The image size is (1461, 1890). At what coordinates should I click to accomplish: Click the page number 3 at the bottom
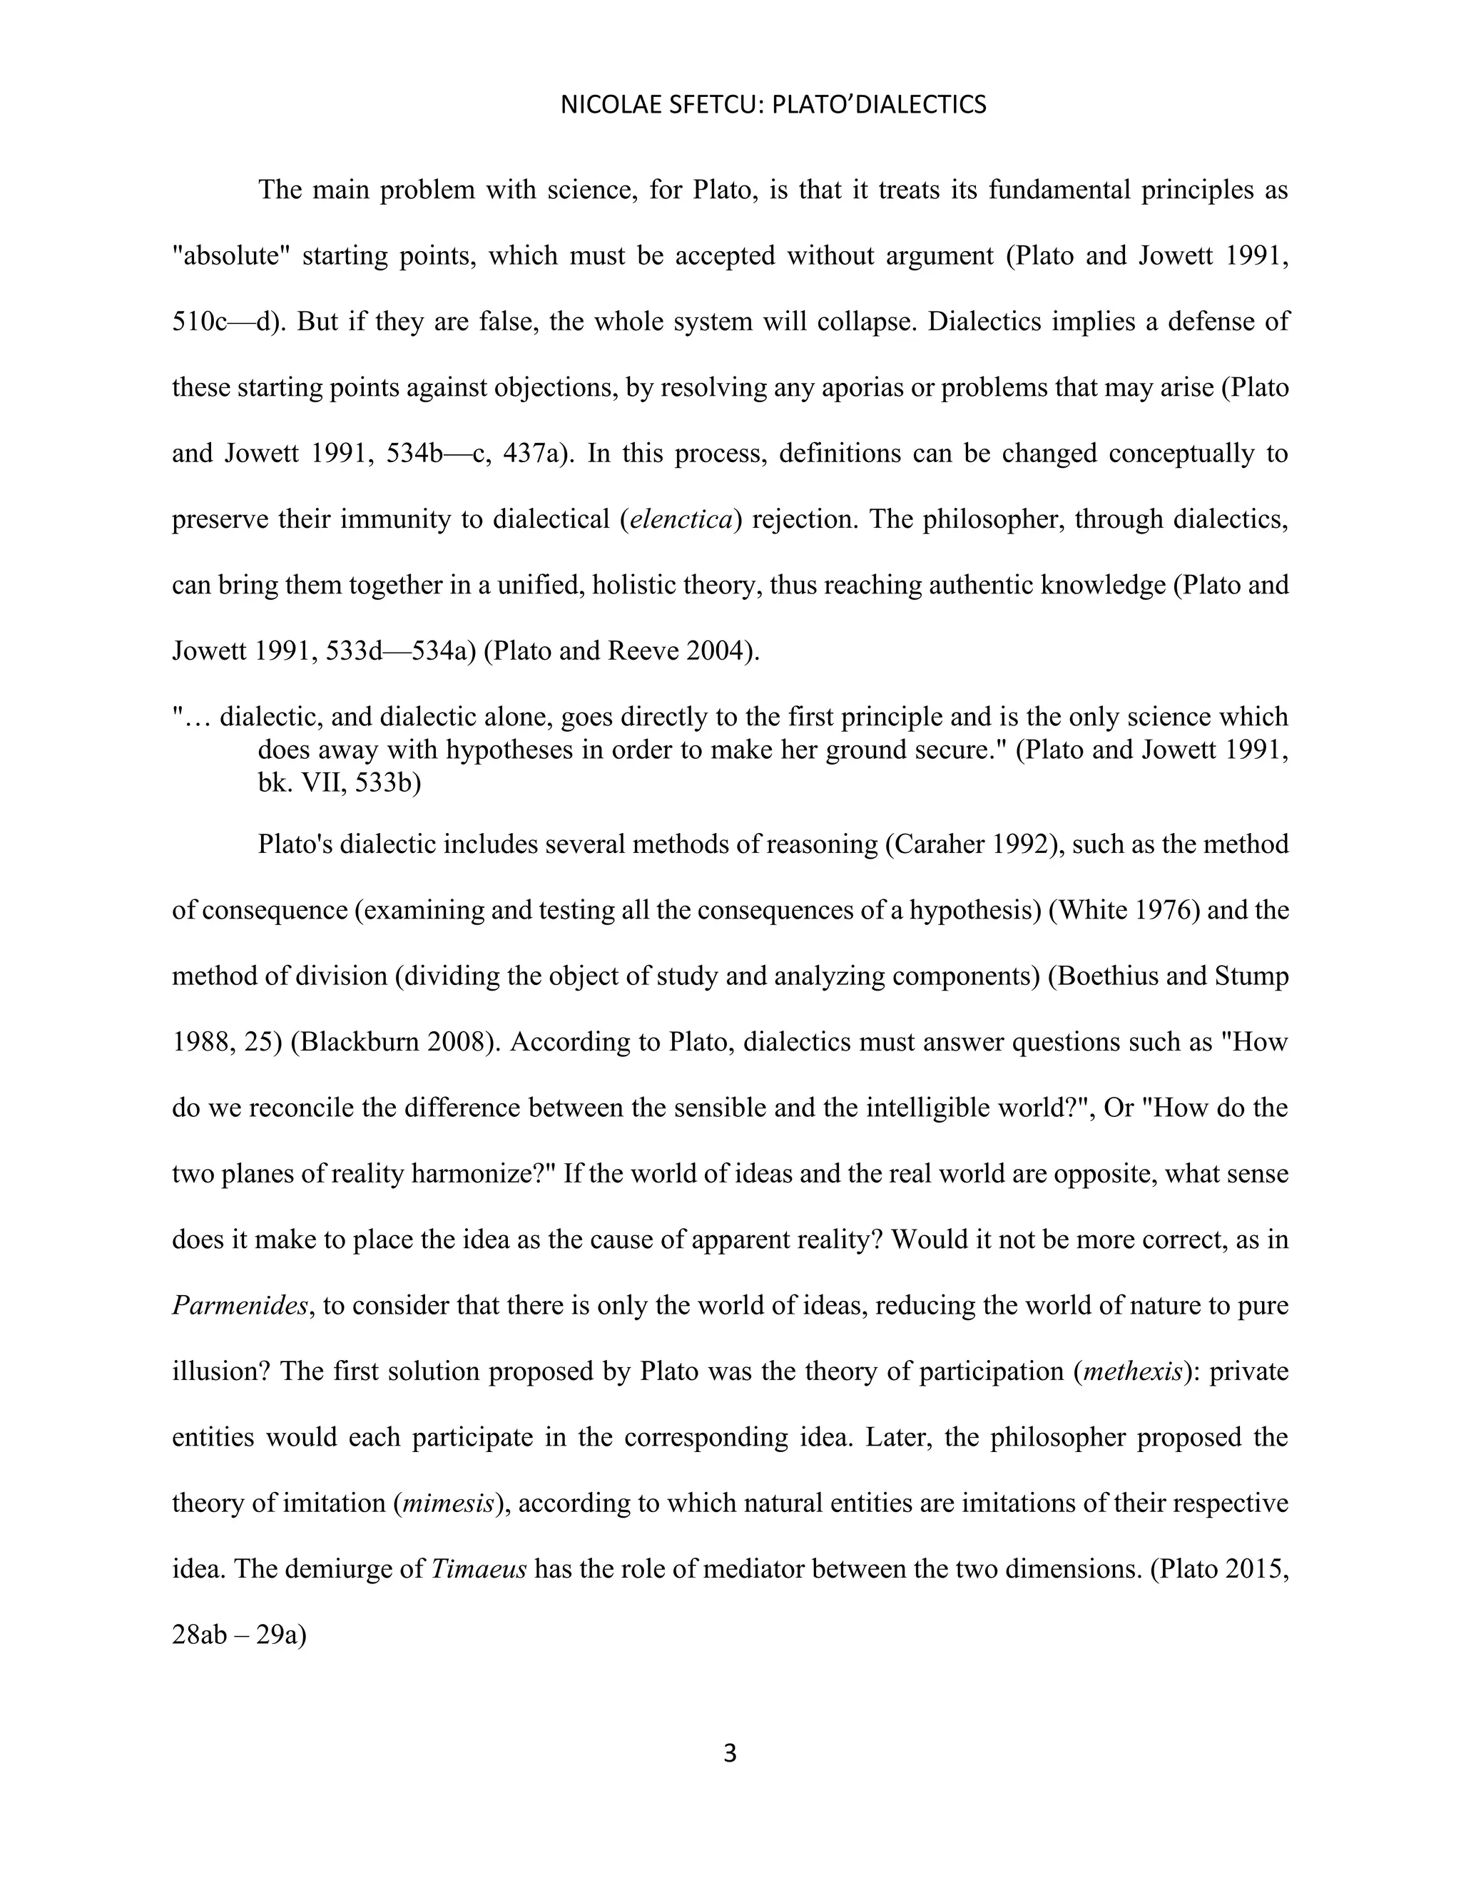[730, 1754]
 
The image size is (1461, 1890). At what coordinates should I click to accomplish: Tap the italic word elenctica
[681, 519]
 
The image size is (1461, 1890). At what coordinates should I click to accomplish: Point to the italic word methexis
[1132, 1371]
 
